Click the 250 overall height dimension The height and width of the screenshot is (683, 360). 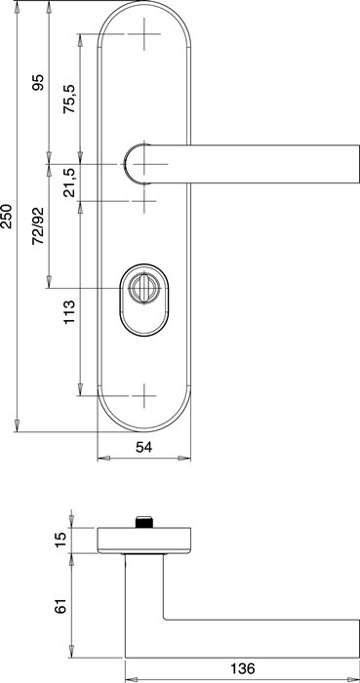click(x=7, y=216)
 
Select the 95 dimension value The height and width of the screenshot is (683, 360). click(x=39, y=82)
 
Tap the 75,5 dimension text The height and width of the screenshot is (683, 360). click(x=69, y=99)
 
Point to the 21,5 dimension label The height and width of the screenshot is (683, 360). click(x=69, y=183)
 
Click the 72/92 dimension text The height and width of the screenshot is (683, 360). click(x=39, y=225)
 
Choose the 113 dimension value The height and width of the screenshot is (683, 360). click(x=69, y=312)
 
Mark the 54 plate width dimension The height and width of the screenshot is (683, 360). click(x=143, y=447)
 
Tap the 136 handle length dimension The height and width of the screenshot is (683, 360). click(x=242, y=668)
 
